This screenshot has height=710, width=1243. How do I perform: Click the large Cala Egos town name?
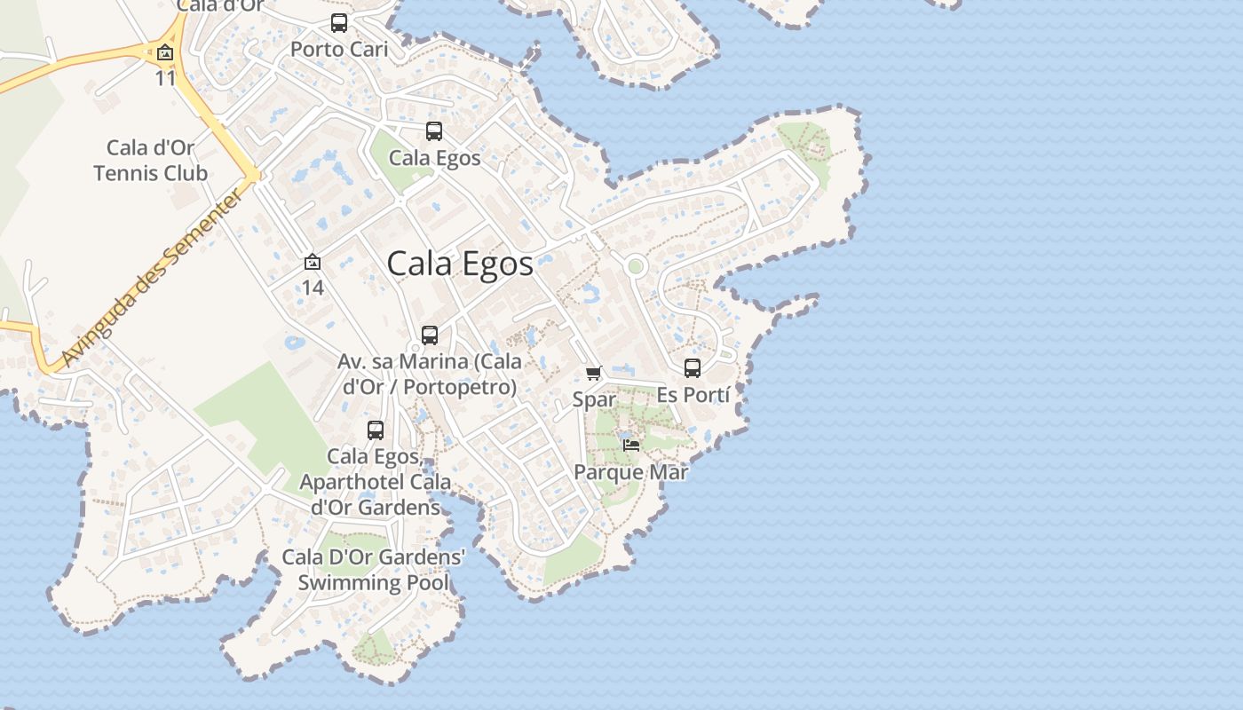[460, 264]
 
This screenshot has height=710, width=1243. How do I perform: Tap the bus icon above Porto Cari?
[339, 23]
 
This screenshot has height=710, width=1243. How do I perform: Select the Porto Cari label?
[339, 50]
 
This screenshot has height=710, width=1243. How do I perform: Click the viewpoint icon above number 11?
[165, 53]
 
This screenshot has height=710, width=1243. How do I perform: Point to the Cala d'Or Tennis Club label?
[150, 161]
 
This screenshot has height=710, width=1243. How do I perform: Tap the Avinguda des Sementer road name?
[152, 278]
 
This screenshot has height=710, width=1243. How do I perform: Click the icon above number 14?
[312, 263]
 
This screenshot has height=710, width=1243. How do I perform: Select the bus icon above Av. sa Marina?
[430, 335]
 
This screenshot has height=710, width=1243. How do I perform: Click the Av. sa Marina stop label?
[430, 375]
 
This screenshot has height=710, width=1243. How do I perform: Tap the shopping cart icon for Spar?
[594, 373]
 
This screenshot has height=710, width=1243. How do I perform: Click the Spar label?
[594, 399]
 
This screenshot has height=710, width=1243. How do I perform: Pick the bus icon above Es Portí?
[693, 367]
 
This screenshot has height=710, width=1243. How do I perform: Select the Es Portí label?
[693, 395]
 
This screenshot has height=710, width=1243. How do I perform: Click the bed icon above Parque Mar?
[631, 445]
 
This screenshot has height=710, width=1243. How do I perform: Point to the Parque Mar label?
[631, 472]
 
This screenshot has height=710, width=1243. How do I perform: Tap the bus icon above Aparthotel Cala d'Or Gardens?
[376, 430]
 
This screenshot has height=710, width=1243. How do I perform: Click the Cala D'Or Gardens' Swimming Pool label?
[373, 570]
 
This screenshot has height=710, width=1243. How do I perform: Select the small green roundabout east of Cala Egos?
[635, 265]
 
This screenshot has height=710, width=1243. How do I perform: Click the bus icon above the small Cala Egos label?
[434, 131]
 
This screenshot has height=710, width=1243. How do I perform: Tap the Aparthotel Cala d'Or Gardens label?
[375, 482]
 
